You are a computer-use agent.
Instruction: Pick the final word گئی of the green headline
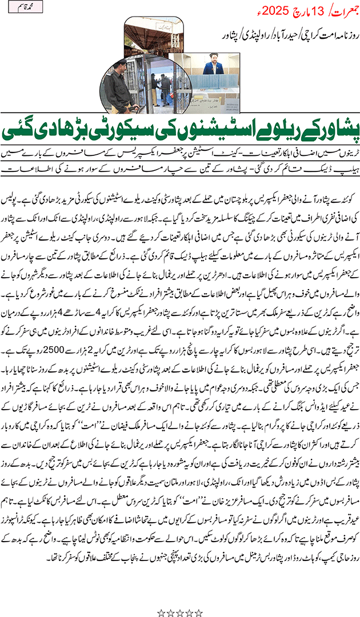pos(26,128)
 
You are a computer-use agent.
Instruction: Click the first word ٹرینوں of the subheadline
pos(342,153)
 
